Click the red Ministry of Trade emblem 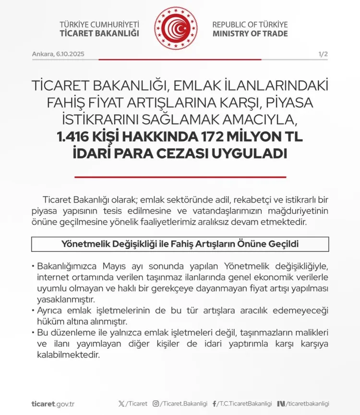coord(176,28)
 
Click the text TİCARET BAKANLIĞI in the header coord(99,34)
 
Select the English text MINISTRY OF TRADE coord(250,34)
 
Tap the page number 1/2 coord(323,54)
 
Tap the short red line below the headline coord(180,177)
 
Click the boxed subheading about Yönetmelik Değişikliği coord(180,244)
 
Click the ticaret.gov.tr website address coord(53,404)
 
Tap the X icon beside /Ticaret coord(121,404)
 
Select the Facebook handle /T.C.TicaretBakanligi coord(245,404)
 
